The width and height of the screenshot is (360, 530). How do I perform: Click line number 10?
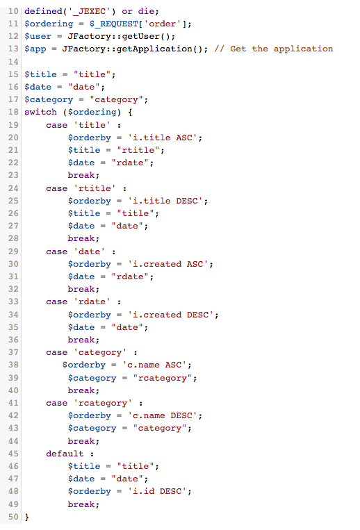tap(13, 11)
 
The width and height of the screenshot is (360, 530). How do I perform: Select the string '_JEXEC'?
tap(90, 11)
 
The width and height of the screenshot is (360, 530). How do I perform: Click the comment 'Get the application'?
tap(281, 49)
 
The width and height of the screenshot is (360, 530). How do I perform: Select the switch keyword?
tap(40, 112)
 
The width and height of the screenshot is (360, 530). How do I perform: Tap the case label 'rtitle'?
tap(95, 188)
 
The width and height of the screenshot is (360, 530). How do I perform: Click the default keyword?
tap(65, 454)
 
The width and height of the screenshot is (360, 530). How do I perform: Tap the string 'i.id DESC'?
tap(157, 492)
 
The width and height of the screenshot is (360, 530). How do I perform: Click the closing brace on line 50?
tap(27, 517)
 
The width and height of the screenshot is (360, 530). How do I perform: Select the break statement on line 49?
tap(83, 504)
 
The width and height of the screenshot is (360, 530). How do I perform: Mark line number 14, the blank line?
tap(13, 62)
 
